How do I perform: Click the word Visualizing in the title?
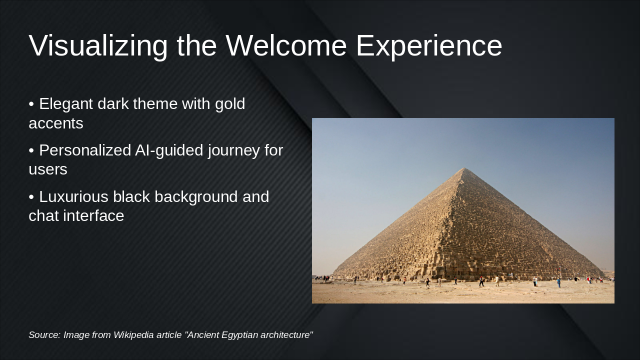pos(98,46)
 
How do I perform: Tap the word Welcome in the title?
pos(286,46)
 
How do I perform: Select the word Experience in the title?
pos(428,46)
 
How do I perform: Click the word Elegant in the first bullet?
pos(66,104)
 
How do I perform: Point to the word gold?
pos(230,104)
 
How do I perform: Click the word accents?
pos(56,123)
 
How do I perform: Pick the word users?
pos(48,169)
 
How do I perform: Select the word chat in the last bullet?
pos(43,216)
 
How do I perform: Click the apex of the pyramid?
pos(464,168)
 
